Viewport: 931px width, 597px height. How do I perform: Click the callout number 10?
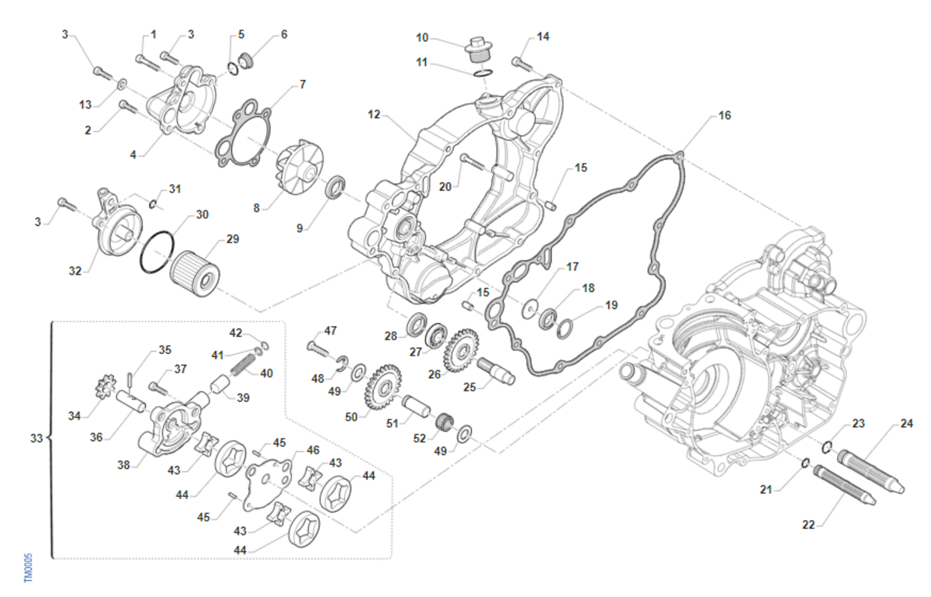(422, 36)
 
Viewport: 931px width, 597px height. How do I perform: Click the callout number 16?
(724, 116)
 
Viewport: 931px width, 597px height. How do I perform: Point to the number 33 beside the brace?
(36, 439)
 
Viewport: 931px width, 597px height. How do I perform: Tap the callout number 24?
(907, 424)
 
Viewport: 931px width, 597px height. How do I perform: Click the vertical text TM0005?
(29, 568)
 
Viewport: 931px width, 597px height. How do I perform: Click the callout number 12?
(374, 115)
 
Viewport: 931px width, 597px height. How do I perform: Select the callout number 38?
(123, 466)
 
